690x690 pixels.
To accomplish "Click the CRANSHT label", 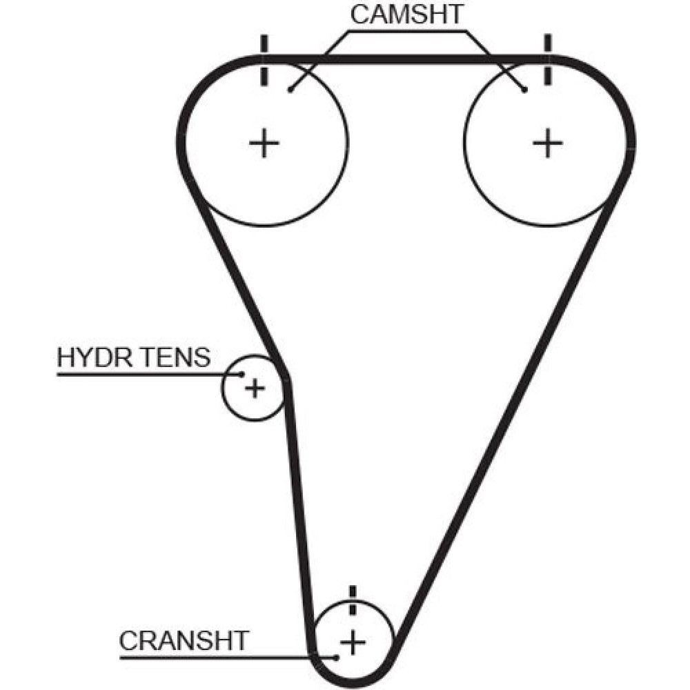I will [183, 640].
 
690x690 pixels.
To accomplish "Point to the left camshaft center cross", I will [264, 144].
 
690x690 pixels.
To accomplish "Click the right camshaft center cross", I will [548, 144].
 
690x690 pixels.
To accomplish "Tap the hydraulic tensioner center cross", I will [255, 388].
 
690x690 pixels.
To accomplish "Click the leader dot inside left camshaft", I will [290, 90].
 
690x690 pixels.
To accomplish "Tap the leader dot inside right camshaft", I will [525, 90].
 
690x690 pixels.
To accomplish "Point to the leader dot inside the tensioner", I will [242, 374].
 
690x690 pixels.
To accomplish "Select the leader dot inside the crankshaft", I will [336, 657].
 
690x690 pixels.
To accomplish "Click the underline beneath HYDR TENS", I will [138, 374].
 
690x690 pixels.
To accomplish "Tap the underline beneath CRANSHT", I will [207, 657].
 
